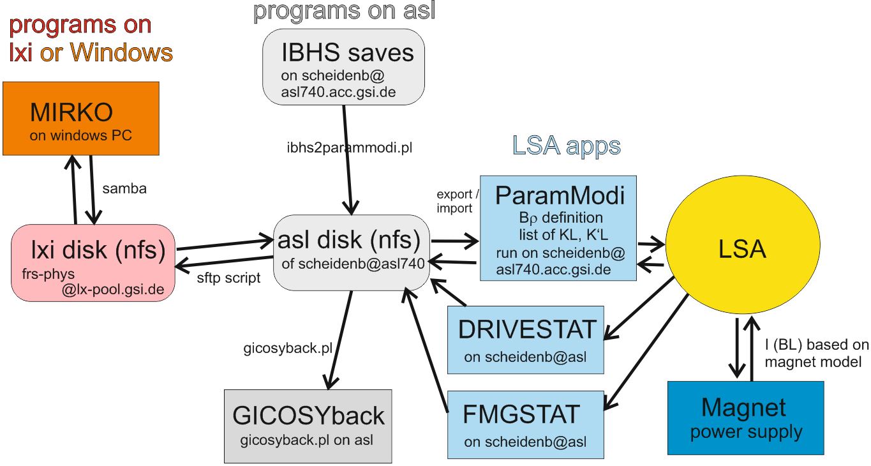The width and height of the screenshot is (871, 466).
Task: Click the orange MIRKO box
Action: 80,118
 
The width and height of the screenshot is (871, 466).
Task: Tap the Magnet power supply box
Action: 745,418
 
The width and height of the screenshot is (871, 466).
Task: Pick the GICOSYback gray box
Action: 308,426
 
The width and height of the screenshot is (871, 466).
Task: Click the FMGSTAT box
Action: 525,425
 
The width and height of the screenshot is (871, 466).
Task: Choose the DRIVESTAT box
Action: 525,340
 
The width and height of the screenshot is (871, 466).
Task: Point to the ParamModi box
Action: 558,228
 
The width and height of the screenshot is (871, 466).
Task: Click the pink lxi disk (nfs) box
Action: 93,262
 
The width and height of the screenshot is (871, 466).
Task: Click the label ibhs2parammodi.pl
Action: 350,147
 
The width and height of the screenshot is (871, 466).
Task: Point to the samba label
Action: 124,189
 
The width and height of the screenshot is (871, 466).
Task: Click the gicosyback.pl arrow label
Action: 288,349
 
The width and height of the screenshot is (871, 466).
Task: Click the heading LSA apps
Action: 566,146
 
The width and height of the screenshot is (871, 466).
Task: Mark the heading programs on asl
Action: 344,11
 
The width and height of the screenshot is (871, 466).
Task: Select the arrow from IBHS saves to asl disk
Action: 347,160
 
